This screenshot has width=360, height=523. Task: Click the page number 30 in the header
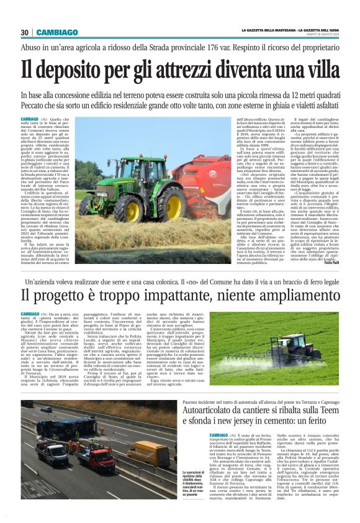pos(25,32)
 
